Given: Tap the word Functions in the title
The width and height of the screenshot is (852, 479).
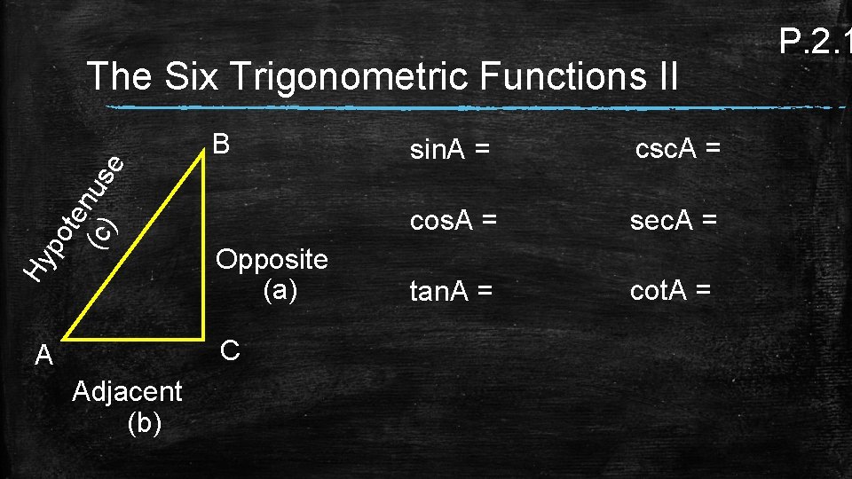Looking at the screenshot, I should coord(554,77).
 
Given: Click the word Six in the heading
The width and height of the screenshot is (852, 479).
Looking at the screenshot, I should coord(190,77).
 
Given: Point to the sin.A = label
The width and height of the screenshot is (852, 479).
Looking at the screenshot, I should coord(449,152).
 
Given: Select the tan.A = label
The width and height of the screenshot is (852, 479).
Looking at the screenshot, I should coord(450,290).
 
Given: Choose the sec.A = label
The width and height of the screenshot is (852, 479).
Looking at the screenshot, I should coord(674,220).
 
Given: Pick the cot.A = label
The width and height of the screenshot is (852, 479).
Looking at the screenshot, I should coord(670,289).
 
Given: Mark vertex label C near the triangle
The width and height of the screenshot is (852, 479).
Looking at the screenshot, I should coord(229,350).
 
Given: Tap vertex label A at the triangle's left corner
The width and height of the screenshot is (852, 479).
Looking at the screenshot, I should coord(43,357).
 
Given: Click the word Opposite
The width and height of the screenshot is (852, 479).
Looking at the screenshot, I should coord(272,261).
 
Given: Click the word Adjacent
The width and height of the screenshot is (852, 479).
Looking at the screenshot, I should coord(128,391).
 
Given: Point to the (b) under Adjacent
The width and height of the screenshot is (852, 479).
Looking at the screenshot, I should coord(145,422).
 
